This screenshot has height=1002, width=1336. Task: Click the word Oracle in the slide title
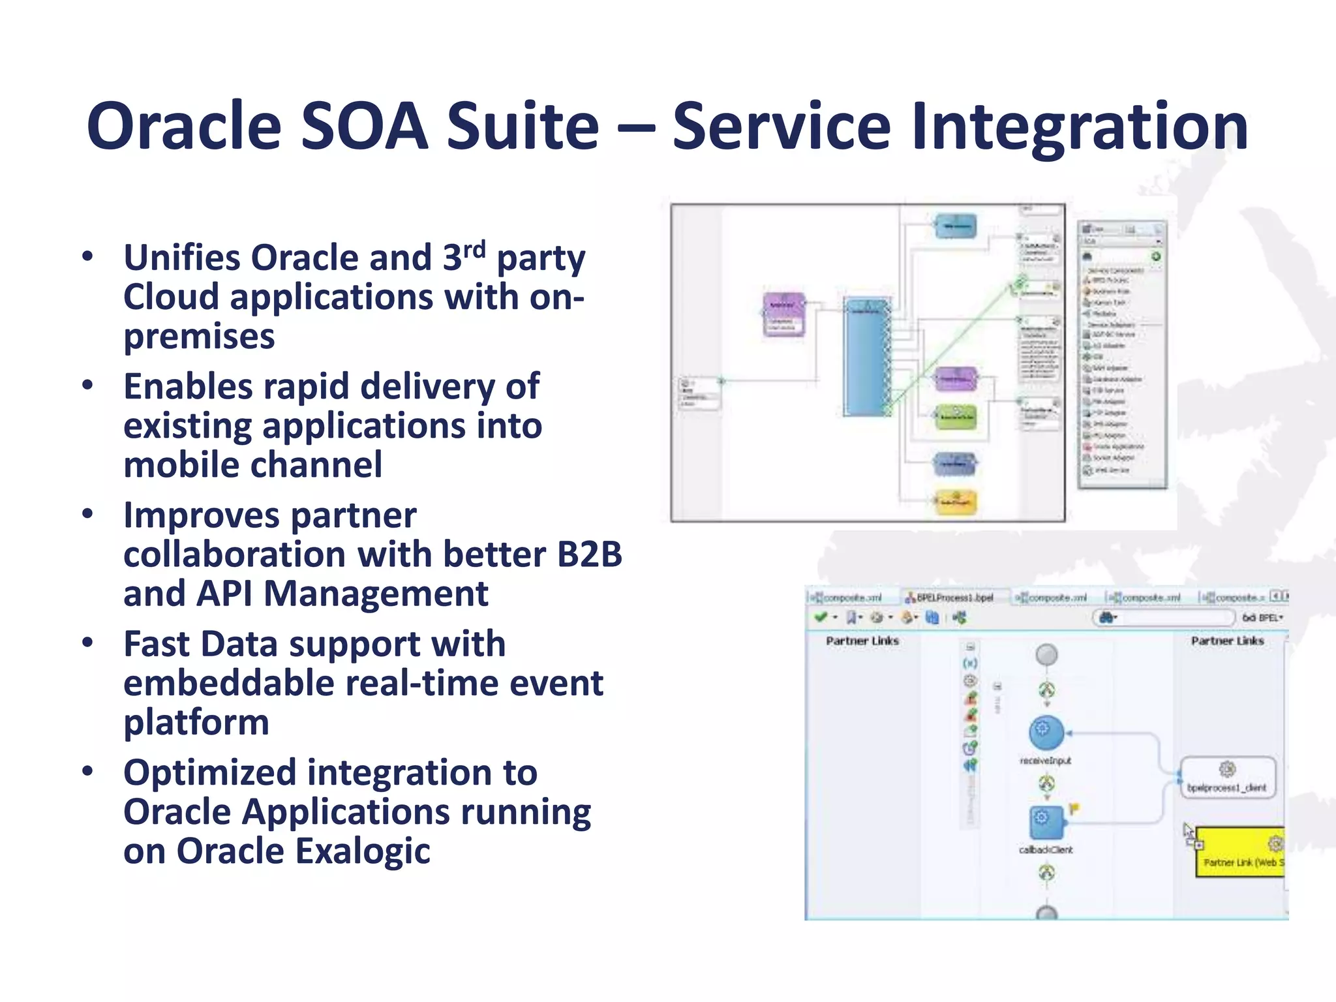click(x=183, y=126)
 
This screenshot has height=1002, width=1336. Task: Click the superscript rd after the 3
click(x=474, y=249)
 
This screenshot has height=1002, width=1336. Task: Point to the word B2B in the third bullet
click(x=589, y=554)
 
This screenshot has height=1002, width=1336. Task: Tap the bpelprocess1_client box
click(x=1228, y=777)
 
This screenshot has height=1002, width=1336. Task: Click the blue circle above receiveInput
click(x=1046, y=731)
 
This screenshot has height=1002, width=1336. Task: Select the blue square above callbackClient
click(x=1046, y=821)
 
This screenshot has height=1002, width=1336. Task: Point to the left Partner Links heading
click(x=862, y=641)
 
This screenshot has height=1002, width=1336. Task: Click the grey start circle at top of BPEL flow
click(x=1046, y=654)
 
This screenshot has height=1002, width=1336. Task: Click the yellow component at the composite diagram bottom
click(x=956, y=502)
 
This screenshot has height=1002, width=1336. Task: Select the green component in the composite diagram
click(x=956, y=417)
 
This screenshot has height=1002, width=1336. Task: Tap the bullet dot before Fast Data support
click(x=87, y=643)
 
